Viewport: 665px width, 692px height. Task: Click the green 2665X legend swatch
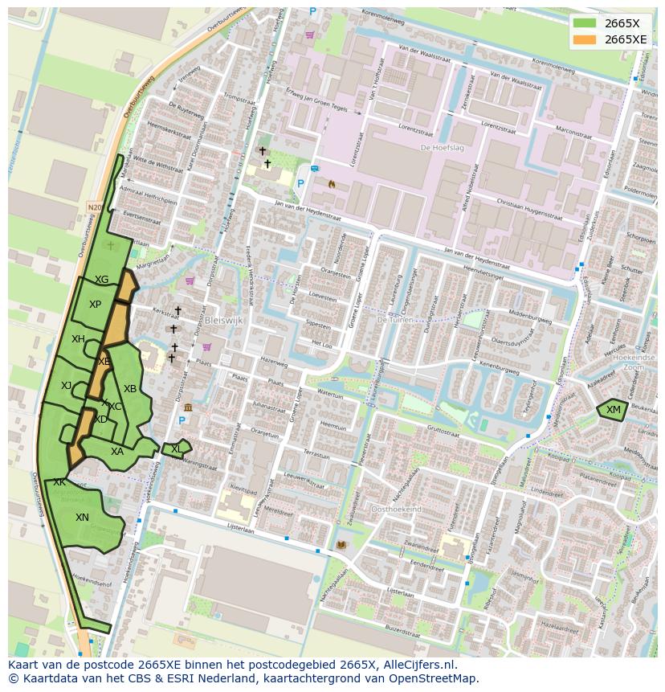click(x=585, y=23)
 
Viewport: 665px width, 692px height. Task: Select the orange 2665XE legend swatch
click(x=585, y=39)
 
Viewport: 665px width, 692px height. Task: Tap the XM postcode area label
click(x=614, y=410)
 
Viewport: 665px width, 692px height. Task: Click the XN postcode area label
click(x=82, y=518)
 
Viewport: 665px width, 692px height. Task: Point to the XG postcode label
click(x=101, y=280)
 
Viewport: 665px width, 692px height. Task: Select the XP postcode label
click(x=95, y=305)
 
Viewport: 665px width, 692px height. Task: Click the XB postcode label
click(x=129, y=389)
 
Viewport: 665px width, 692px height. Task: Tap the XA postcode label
click(x=117, y=452)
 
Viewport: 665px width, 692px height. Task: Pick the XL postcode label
click(x=176, y=449)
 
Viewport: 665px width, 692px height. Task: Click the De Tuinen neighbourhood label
click(x=394, y=319)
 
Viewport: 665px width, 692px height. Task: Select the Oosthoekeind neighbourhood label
click(x=396, y=510)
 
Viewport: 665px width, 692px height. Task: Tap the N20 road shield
click(x=95, y=207)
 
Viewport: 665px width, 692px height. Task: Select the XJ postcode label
click(x=66, y=386)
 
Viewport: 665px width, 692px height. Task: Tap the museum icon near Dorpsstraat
click(x=187, y=407)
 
